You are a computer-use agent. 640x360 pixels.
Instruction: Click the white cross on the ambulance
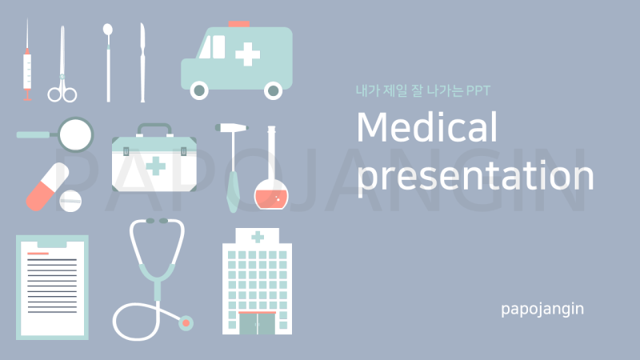tap(248, 54)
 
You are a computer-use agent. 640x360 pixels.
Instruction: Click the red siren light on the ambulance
tap(238, 24)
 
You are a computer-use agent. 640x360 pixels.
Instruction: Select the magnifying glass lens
tap(76, 134)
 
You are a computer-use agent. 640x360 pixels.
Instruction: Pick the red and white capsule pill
tap(48, 186)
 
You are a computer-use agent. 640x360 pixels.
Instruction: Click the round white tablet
tap(70, 201)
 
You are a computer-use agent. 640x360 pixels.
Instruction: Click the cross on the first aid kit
tap(155, 166)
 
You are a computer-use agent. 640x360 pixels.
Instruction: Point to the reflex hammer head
tap(231, 128)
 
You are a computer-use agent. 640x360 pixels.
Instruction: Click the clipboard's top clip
tap(52, 244)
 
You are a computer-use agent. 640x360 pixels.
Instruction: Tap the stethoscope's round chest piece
tap(186, 323)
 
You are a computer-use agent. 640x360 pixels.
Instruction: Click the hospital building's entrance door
tap(257, 324)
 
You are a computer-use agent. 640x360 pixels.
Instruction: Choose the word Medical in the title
tap(427, 127)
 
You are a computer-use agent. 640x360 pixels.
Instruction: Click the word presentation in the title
tap(475, 175)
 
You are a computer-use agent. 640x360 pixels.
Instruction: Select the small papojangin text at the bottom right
tap(542, 309)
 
